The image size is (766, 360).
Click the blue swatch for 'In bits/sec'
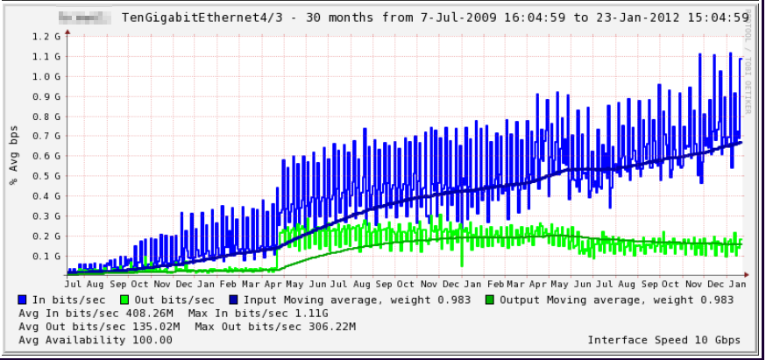click(22, 300)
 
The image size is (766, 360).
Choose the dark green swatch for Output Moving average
click(492, 300)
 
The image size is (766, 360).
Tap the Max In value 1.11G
click(311, 314)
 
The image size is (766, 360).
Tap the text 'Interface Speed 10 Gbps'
click(663, 340)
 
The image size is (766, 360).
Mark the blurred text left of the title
click(87, 16)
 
